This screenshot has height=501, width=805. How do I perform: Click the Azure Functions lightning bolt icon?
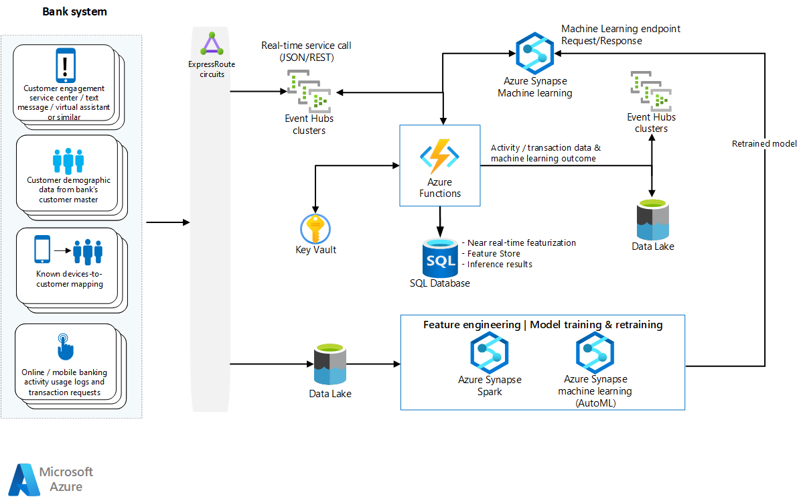tap(439, 155)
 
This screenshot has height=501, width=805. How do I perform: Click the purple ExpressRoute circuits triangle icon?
tap(212, 44)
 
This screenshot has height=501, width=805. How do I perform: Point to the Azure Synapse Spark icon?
tap(490, 352)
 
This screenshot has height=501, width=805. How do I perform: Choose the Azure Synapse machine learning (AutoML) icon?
tap(595, 352)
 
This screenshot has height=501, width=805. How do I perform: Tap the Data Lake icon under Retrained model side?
tap(652, 220)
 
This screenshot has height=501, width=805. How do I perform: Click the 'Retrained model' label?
tap(764, 143)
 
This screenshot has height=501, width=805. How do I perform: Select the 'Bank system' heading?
tap(74, 12)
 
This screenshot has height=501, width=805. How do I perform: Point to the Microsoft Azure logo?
tap(51, 479)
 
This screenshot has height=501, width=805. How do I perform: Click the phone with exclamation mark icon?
tap(64, 66)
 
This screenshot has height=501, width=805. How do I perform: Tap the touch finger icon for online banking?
tap(65, 346)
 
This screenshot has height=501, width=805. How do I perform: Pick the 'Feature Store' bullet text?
tap(493, 254)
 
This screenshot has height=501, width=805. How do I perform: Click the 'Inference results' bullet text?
tap(499, 265)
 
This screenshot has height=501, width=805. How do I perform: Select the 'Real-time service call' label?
tap(306, 46)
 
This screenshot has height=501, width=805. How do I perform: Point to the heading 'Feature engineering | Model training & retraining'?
tap(542, 325)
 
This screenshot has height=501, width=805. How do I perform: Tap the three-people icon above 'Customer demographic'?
tap(68, 161)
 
